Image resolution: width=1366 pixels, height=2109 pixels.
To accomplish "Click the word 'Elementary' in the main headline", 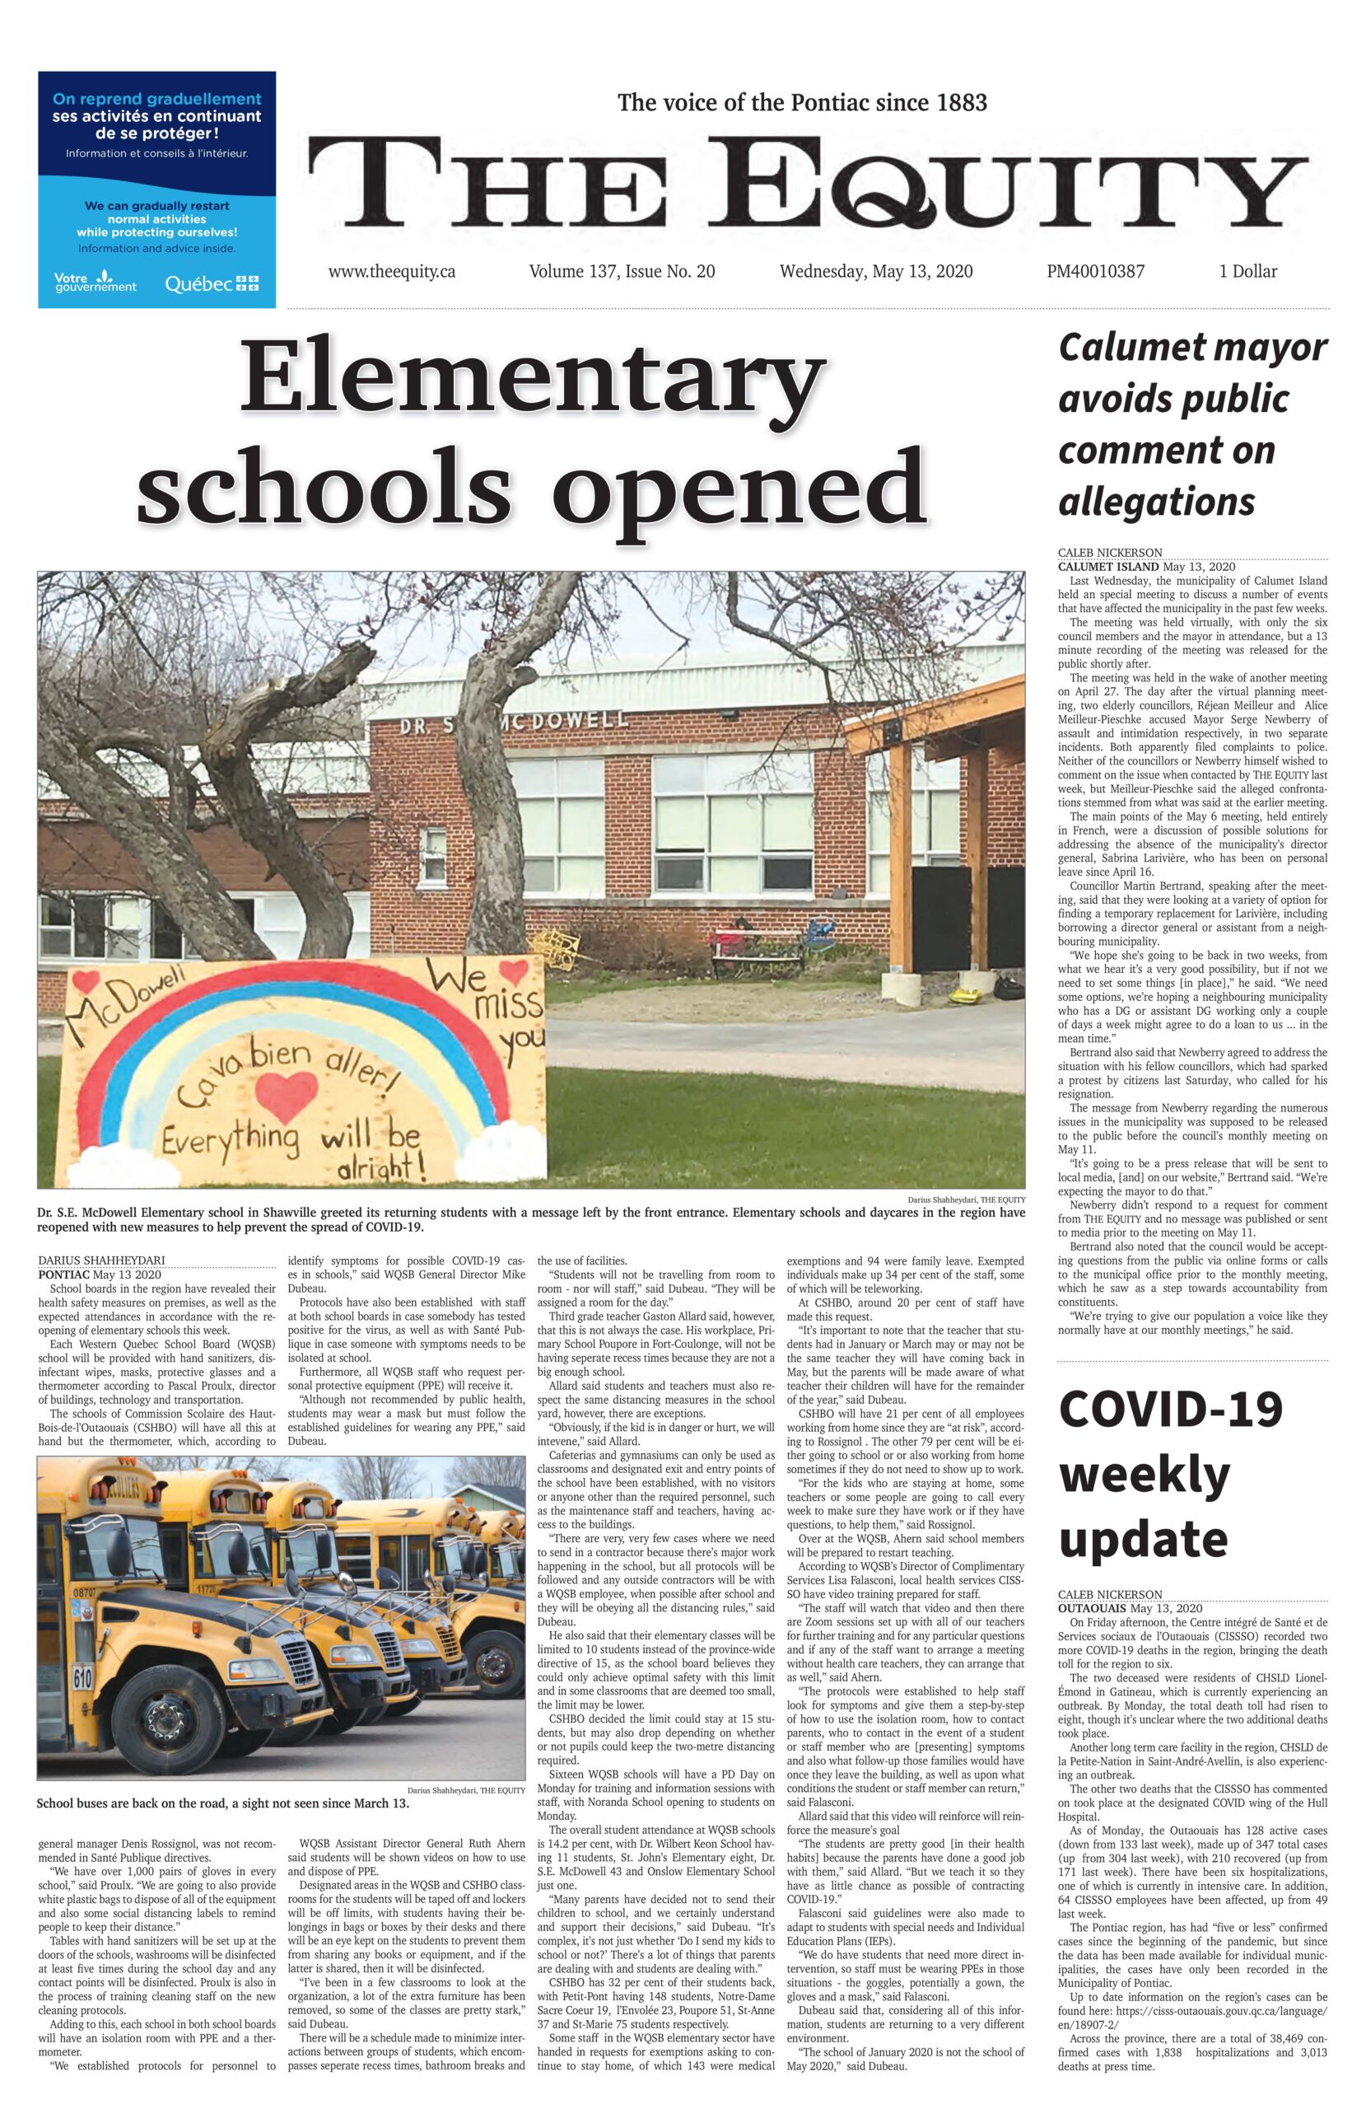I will point(529,377).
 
